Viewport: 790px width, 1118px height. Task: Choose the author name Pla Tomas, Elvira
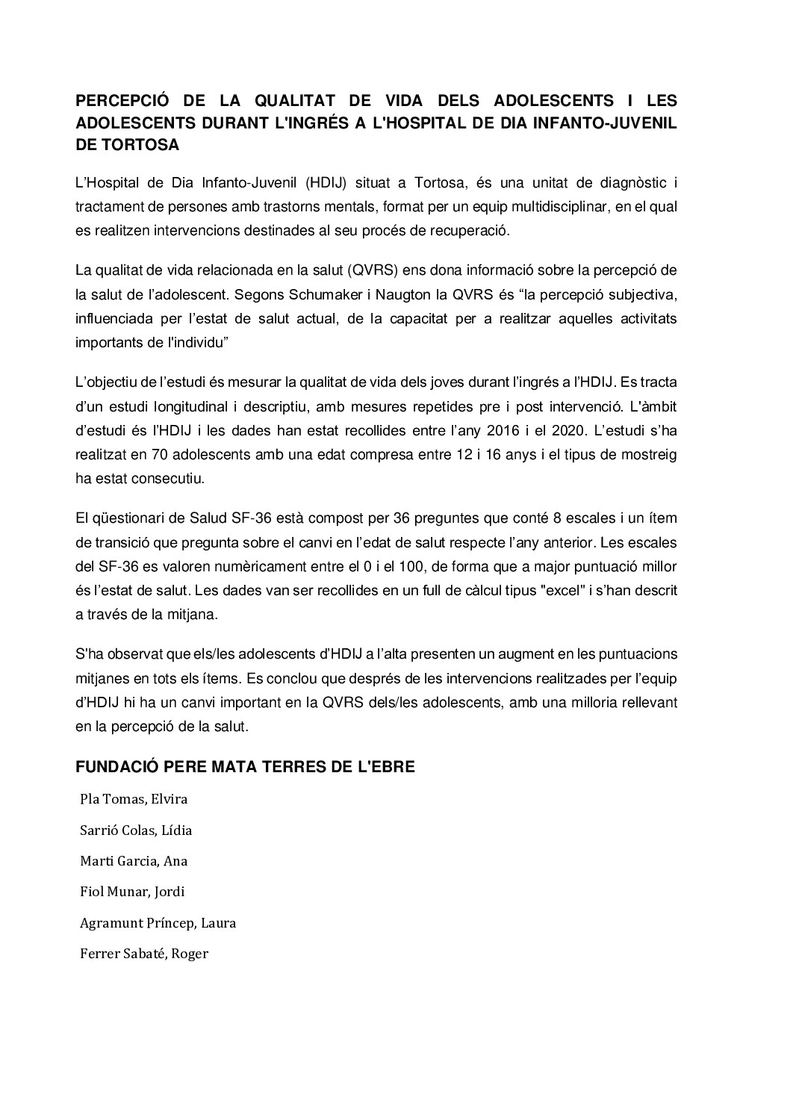tap(134, 799)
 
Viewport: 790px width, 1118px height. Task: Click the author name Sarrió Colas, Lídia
tap(136, 830)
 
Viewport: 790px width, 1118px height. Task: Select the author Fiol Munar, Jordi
tap(132, 892)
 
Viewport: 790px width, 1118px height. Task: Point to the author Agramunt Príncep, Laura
tap(158, 923)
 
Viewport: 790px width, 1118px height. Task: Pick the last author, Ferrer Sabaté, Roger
tap(143, 954)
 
